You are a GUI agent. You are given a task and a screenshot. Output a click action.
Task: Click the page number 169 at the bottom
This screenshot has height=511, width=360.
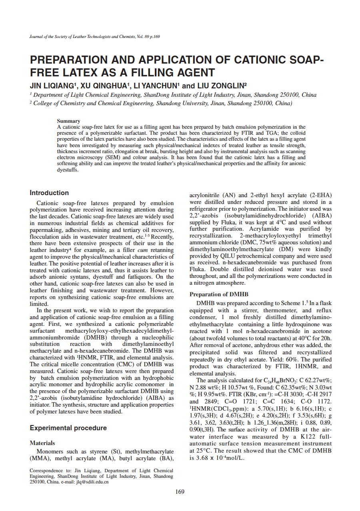[x=180, y=492]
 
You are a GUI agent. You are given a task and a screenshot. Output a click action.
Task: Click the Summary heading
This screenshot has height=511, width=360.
[x=68, y=121]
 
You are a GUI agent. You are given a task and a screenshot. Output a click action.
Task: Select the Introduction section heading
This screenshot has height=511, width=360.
[x=49, y=193]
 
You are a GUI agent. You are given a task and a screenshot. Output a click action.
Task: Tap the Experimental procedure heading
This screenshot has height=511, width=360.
[x=68, y=428]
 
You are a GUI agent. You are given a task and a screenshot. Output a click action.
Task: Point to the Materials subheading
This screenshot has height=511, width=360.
[x=42, y=443]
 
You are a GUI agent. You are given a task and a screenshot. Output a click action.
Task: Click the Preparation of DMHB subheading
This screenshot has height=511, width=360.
[x=219, y=294]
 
